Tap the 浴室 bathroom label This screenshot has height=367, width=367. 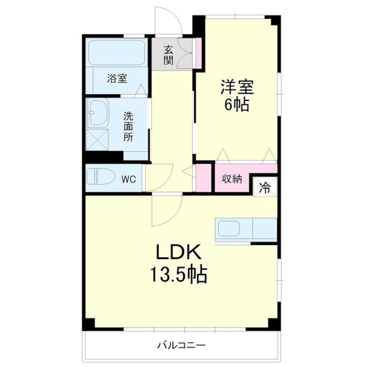pyautogui.click(x=117, y=79)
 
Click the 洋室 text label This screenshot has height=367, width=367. pyautogui.click(x=237, y=88)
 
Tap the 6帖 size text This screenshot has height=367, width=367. pyautogui.click(x=237, y=106)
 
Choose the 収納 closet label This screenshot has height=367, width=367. pyautogui.click(x=232, y=179)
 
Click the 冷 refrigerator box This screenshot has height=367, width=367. pyautogui.click(x=266, y=186)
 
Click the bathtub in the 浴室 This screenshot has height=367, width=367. pyautogui.click(x=117, y=53)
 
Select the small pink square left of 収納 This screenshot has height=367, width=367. pyautogui.click(x=204, y=178)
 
